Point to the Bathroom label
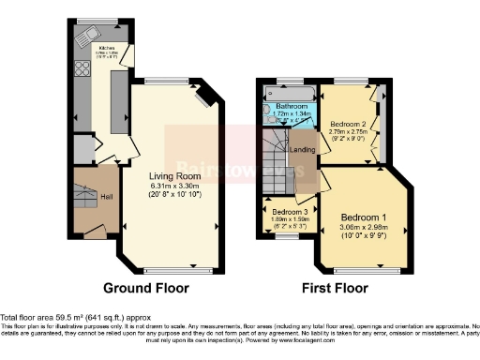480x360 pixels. pyautogui.click(x=292, y=107)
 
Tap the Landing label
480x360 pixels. pyautogui.click(x=302, y=149)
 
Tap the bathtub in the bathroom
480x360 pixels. pyautogui.click(x=291, y=93)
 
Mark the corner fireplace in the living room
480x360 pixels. pyautogui.click(x=207, y=94)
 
